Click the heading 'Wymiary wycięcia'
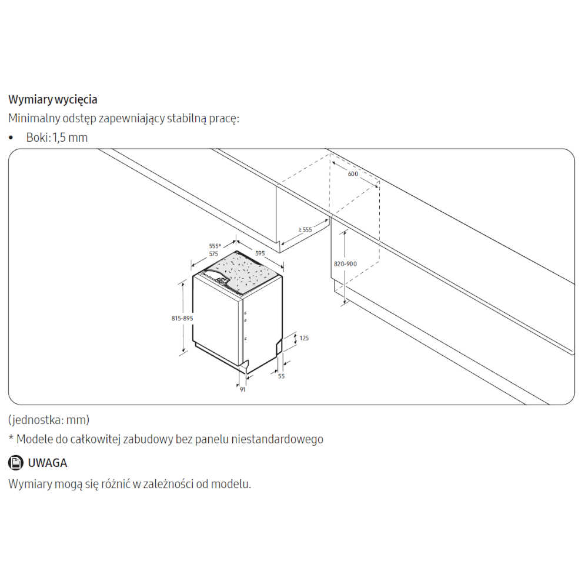tap(53, 100)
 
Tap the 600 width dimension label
tap(353, 174)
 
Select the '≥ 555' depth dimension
tap(305, 229)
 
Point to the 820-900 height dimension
tap(345, 264)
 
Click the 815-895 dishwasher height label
tap(182, 318)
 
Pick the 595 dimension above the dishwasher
tap(260, 253)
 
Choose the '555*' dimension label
tap(215, 246)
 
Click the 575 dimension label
tap(213, 254)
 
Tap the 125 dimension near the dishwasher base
tap(304, 338)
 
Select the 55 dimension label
tap(281, 376)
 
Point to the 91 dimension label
tap(243, 390)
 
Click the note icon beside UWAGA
tap(16, 463)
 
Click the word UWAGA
tap(48, 463)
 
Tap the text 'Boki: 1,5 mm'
tap(57, 138)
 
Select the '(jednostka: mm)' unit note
tap(49, 420)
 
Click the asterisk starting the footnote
tap(11, 437)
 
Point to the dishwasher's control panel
tap(218, 278)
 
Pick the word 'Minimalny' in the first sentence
tap(34, 119)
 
